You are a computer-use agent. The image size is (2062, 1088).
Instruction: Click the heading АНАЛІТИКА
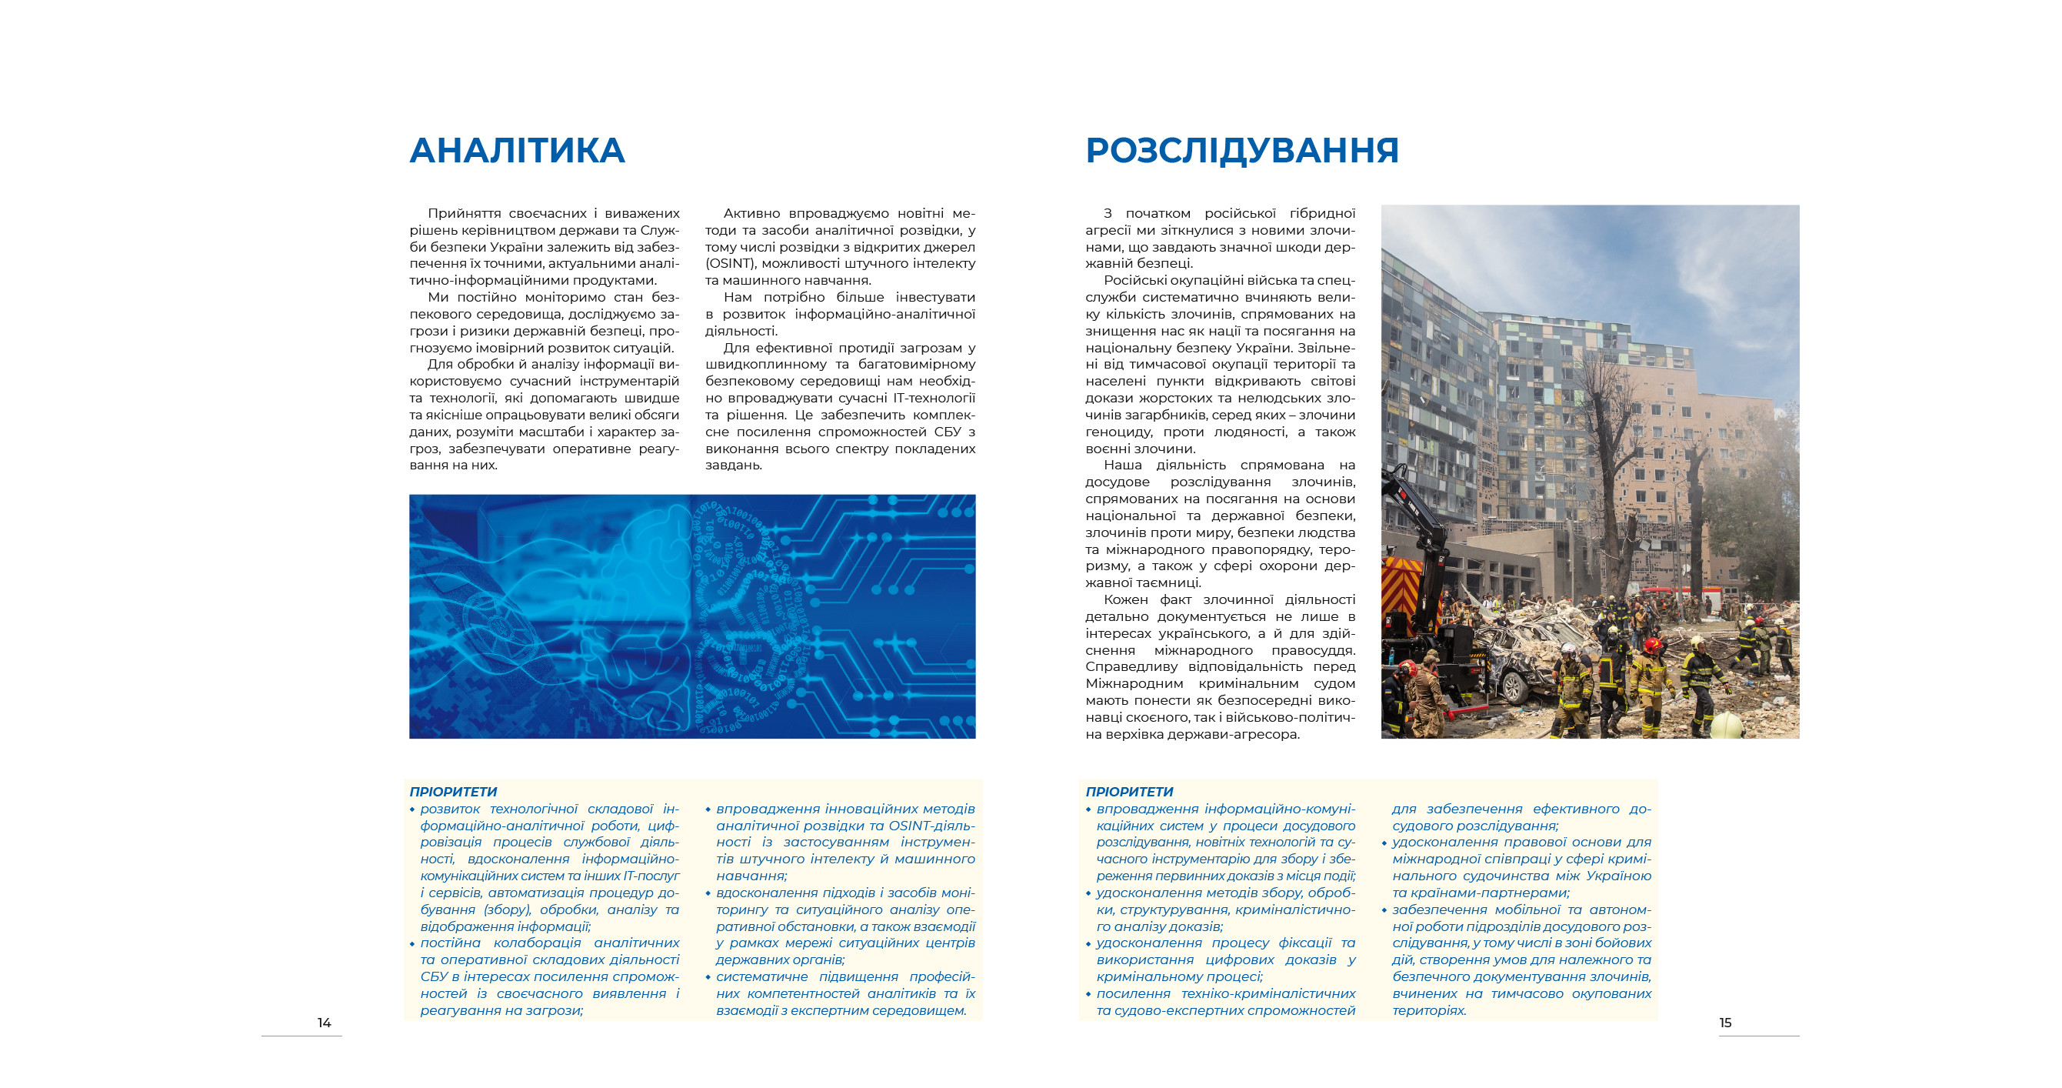[x=517, y=151]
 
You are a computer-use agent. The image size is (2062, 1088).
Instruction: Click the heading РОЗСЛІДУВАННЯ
[x=1241, y=151]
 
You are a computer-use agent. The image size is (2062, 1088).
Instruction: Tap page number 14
[x=325, y=1023]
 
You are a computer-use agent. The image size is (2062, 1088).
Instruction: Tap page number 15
[x=1725, y=1023]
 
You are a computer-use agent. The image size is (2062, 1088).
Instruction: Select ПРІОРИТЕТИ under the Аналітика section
[x=453, y=792]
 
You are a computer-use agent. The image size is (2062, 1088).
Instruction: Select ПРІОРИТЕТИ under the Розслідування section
[x=1128, y=792]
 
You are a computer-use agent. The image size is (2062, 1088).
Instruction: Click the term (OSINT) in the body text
[x=730, y=263]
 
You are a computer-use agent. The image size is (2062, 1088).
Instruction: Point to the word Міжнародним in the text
[x=1134, y=684]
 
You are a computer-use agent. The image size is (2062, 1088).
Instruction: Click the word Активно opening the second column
[x=751, y=213]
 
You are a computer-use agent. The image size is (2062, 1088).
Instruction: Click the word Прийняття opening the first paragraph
[x=465, y=213]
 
